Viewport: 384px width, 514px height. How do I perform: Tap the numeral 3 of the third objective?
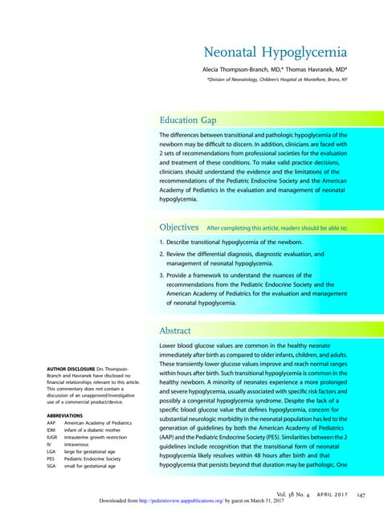(x=161, y=275)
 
